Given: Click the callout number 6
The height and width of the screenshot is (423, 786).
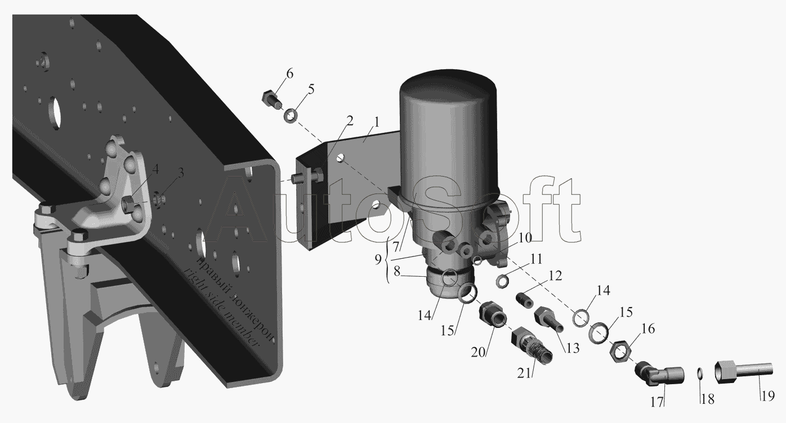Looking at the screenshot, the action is (289, 74).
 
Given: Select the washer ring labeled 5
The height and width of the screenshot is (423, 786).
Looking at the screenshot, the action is (291, 116).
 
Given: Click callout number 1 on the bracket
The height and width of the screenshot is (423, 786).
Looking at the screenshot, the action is (377, 123).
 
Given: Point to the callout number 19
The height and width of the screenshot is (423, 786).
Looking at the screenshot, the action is (768, 396).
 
